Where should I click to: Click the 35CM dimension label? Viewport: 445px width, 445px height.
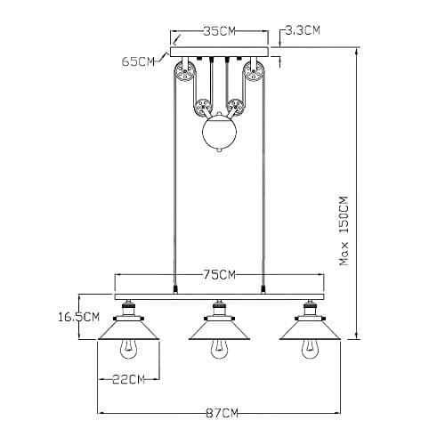point(219,31)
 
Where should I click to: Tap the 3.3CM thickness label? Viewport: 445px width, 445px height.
point(303,30)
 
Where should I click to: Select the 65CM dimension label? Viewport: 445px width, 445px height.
point(138,61)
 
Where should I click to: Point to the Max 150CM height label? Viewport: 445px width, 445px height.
point(344,231)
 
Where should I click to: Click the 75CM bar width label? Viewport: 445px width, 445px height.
point(219,275)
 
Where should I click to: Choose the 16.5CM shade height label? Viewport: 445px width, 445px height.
point(78,317)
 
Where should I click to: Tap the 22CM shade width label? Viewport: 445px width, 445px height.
point(128,379)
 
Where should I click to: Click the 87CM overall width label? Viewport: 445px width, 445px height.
point(222,413)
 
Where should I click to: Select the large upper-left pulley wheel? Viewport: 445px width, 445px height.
point(184,72)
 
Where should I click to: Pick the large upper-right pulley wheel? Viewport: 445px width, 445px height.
point(254,72)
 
